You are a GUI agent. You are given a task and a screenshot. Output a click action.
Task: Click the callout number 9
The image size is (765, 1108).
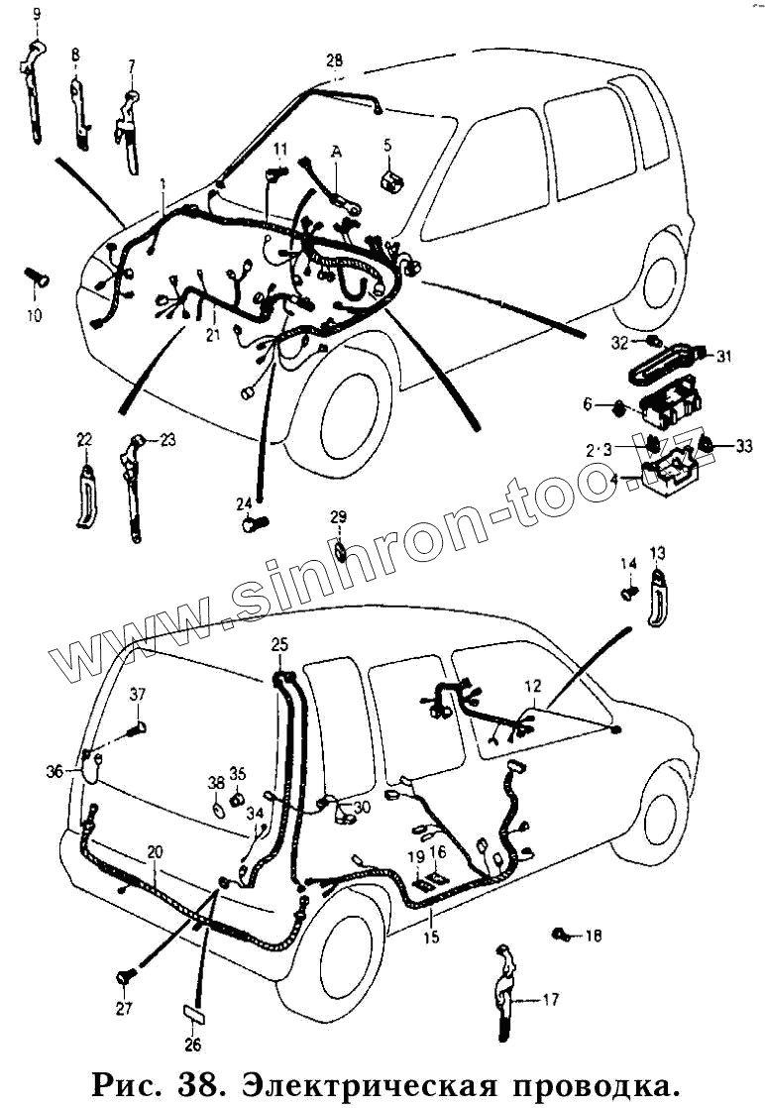[x=38, y=14]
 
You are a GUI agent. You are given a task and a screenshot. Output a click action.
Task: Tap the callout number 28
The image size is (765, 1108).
[x=335, y=60]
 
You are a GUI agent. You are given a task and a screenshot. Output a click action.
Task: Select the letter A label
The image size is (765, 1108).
[x=337, y=152]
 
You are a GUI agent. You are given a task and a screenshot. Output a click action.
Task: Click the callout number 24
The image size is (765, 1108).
[x=245, y=503]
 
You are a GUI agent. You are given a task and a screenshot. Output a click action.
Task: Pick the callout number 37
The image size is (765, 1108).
[x=137, y=694]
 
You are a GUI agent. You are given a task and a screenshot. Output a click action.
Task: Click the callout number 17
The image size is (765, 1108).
[x=551, y=1000]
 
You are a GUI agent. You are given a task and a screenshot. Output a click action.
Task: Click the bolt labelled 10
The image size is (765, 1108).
[x=38, y=277]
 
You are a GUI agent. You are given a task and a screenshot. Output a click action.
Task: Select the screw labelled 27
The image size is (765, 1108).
[x=125, y=977]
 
